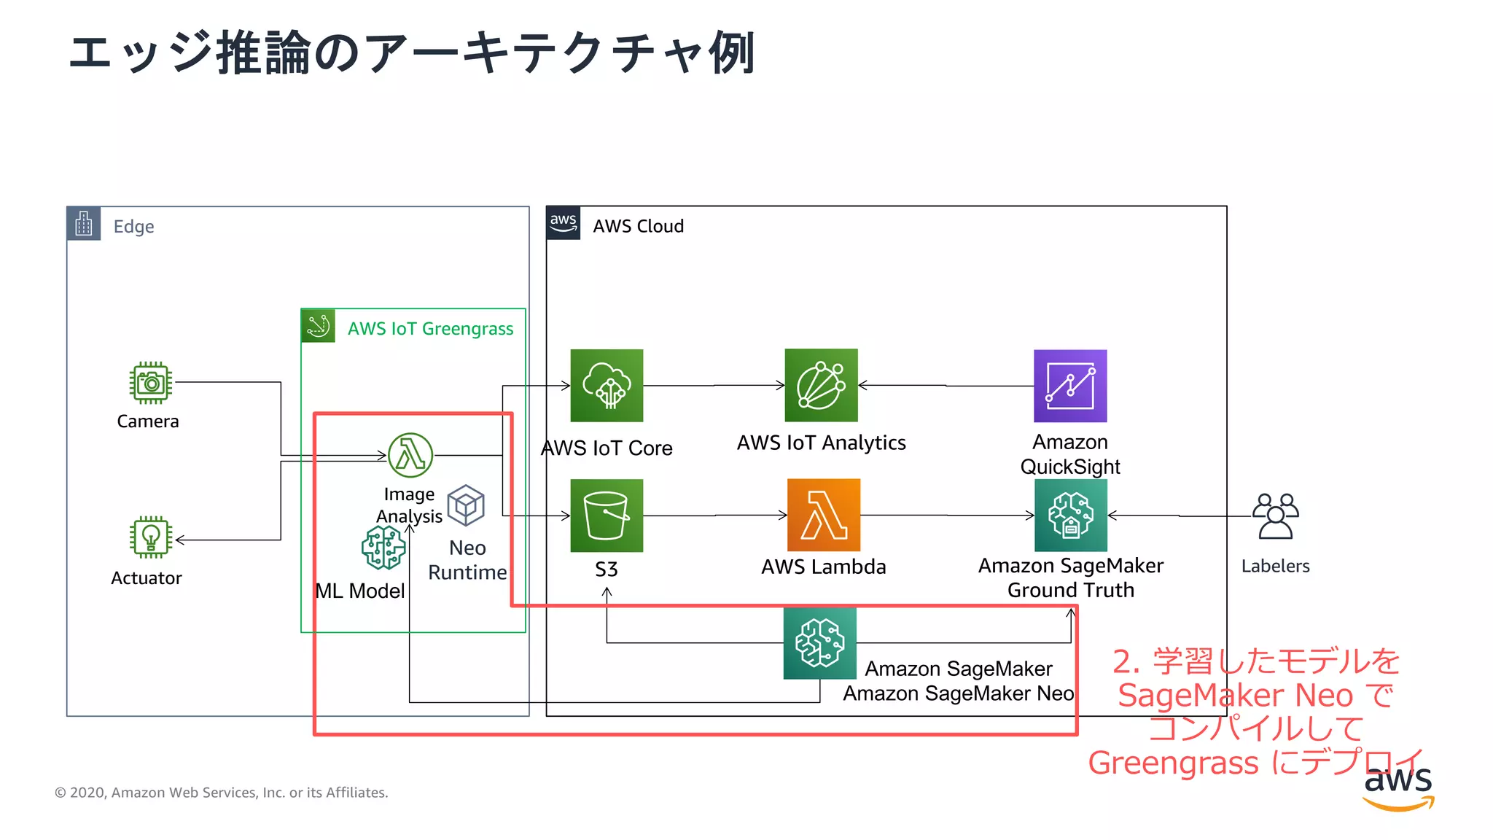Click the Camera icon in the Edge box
tap(151, 383)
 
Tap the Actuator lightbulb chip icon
tap(151, 537)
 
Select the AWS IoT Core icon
tap(607, 385)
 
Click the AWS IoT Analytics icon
tap(821, 385)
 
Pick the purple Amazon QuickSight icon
tap(1070, 386)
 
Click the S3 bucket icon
tap(607, 515)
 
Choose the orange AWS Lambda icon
tap(824, 515)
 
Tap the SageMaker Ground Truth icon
tap(1070, 515)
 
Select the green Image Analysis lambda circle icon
tap(410, 455)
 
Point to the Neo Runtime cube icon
tap(466, 505)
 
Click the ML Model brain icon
tap(383, 548)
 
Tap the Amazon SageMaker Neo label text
tap(958, 693)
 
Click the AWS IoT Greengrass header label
tap(430, 329)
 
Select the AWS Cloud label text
tap(638, 226)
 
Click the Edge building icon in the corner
tap(84, 224)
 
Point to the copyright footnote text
tap(221, 793)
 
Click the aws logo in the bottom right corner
tap(1398, 787)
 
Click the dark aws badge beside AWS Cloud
tap(563, 223)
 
